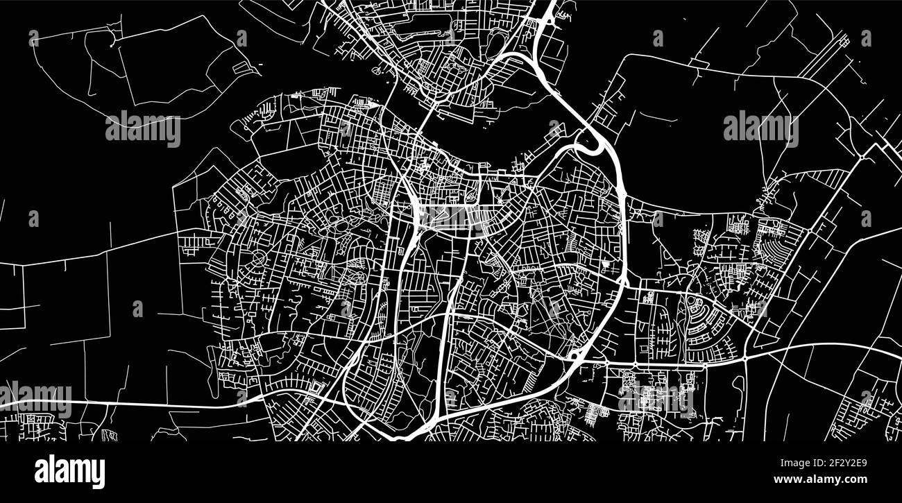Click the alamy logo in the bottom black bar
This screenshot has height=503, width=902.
(x=69, y=471)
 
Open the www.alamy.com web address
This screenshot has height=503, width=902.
(x=820, y=479)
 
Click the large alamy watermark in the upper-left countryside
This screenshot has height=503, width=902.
(x=143, y=129)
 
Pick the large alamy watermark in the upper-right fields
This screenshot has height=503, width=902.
(x=760, y=129)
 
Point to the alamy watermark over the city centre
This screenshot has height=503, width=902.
(x=452, y=217)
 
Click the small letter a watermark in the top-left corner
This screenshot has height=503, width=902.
(x=33, y=38)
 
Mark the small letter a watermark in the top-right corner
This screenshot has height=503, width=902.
(x=866, y=38)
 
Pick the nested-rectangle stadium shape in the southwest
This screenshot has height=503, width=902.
(x=318, y=386)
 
